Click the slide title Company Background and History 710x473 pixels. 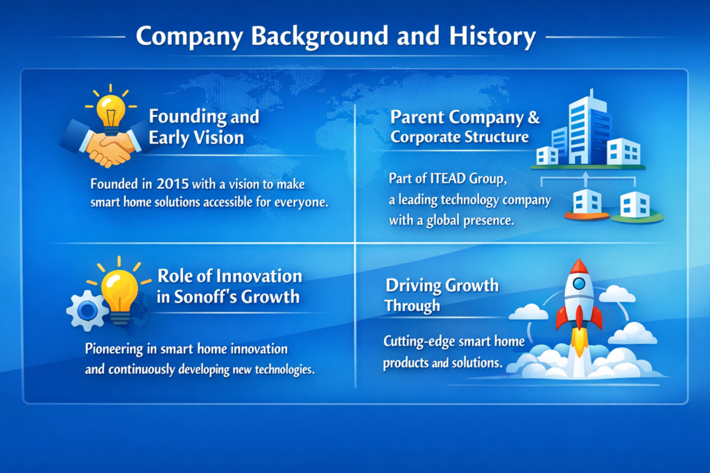coord(336,36)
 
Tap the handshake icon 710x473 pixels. coord(104,144)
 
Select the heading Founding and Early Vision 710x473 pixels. coord(204,127)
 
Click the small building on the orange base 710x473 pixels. coord(588,202)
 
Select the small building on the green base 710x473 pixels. coord(634,204)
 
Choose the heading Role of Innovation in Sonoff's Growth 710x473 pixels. coord(230,286)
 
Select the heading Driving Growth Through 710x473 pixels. coord(441,295)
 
